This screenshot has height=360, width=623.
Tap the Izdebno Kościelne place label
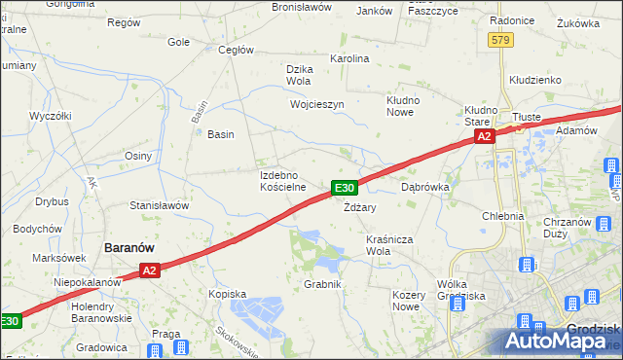point(283,180)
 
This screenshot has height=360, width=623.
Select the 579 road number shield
point(501,40)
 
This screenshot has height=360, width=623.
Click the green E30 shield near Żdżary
point(345,187)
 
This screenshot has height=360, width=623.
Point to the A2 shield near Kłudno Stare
point(485,138)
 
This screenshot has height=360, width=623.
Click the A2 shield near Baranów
point(148,270)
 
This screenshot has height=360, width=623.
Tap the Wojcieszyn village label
point(316,104)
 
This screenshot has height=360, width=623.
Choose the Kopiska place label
point(227,293)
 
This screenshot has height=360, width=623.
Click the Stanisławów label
point(159,206)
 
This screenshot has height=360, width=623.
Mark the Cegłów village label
point(237,50)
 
